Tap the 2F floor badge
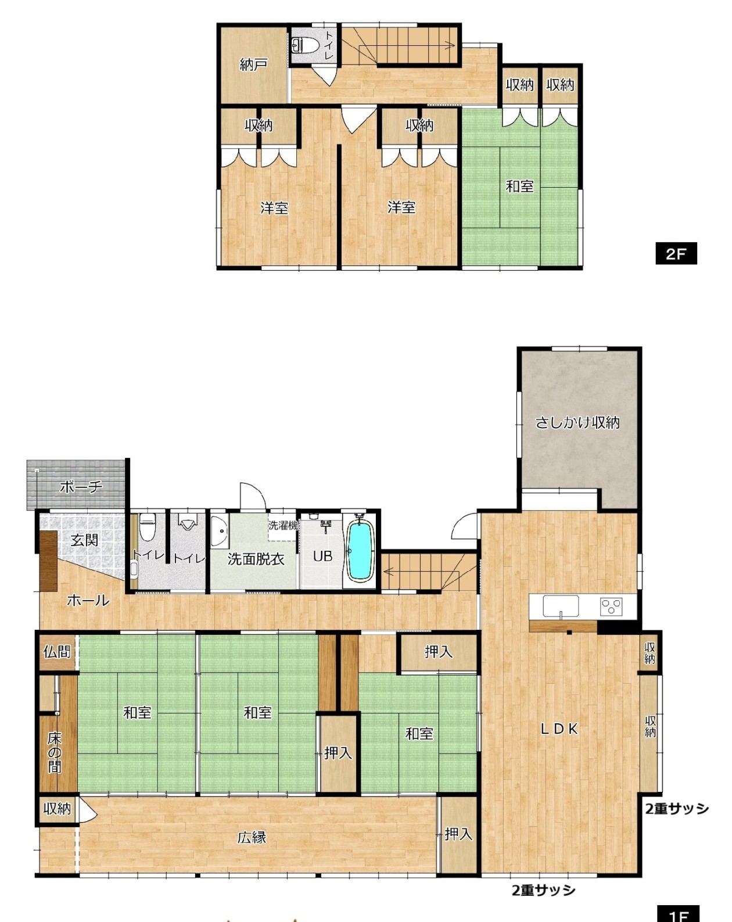676,254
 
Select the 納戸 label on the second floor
254,64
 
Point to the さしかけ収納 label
577,423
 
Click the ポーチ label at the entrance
81,487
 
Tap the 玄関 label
84,540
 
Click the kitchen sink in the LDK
561,606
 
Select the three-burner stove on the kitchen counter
612,607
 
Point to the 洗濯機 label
283,525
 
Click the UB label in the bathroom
322,556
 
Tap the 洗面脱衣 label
256,559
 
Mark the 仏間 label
56,652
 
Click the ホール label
88,601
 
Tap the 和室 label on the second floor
520,186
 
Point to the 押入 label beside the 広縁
458,846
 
